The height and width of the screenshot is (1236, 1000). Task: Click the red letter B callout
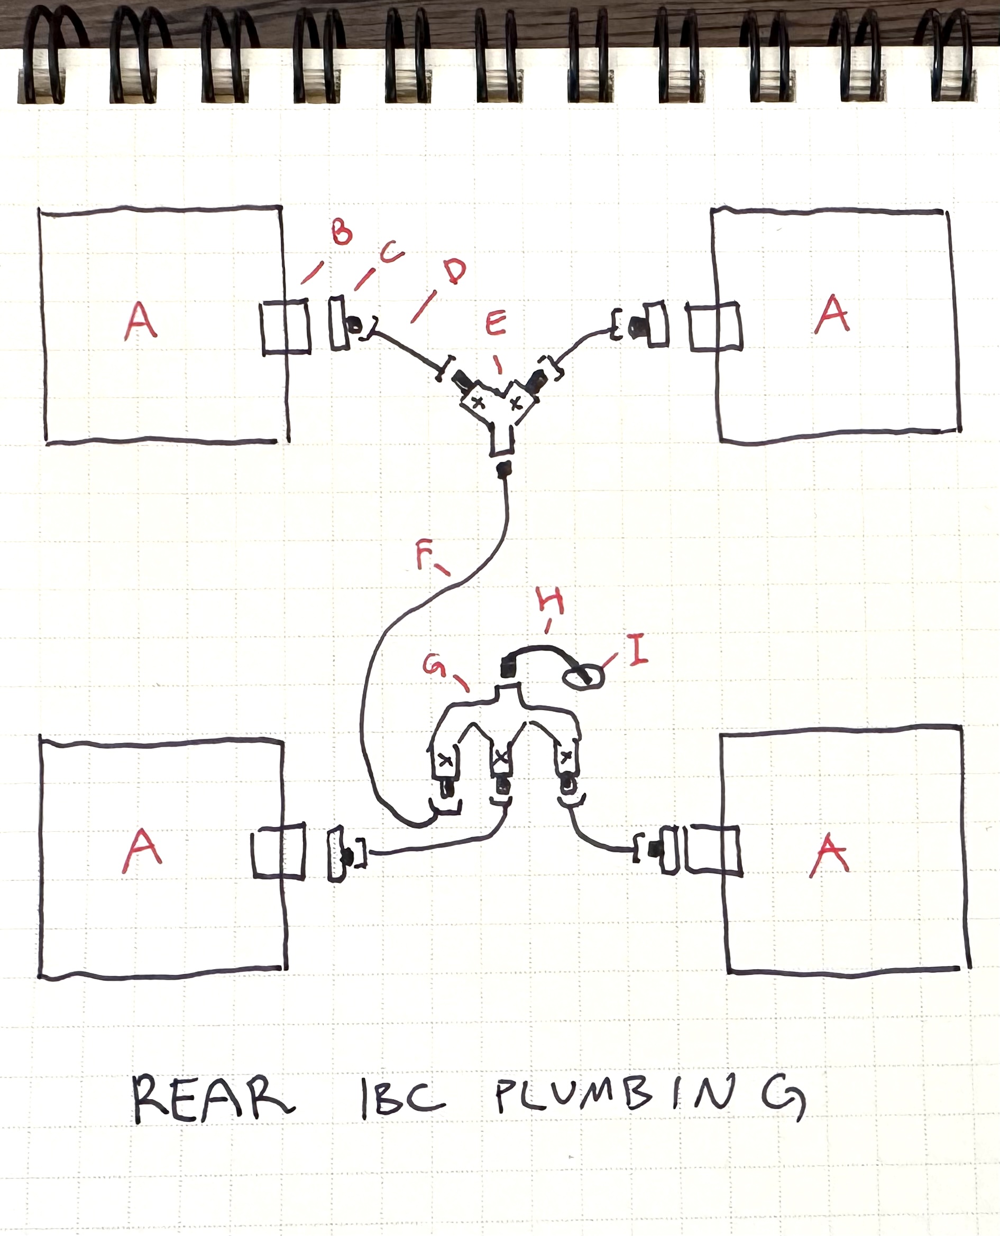pyautogui.click(x=342, y=232)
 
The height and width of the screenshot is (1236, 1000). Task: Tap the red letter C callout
pyautogui.click(x=391, y=252)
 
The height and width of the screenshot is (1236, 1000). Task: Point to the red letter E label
pyautogui.click(x=496, y=323)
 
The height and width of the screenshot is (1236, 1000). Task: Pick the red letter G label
pyautogui.click(x=435, y=666)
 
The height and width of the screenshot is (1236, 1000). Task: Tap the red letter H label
pyautogui.click(x=550, y=601)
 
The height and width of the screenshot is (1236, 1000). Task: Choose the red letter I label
pyautogui.click(x=637, y=649)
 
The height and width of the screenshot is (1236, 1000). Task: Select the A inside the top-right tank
pyautogui.click(x=832, y=314)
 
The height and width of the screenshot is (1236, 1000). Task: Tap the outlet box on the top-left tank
pyautogui.click(x=285, y=326)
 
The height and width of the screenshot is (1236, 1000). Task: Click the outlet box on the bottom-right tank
pyautogui.click(x=714, y=850)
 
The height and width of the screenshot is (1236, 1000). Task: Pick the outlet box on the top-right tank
pyautogui.click(x=715, y=327)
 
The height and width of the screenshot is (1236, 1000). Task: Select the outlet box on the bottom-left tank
pyautogui.click(x=279, y=851)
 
